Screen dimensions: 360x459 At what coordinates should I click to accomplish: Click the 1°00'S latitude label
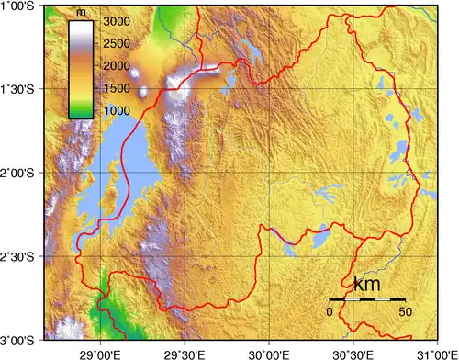point(22,6)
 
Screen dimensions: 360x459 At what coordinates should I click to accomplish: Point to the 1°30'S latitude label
point(22,89)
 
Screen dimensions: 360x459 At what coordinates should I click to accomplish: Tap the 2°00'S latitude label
point(22,173)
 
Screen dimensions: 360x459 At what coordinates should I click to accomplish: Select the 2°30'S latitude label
point(22,256)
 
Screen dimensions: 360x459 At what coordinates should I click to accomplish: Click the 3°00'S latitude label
point(22,340)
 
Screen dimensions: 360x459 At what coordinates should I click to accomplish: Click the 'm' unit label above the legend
point(82,12)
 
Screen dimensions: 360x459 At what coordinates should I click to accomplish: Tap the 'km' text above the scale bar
point(367,285)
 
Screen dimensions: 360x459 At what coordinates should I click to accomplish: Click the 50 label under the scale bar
point(404,311)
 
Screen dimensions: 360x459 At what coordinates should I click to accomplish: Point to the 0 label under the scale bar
point(330,311)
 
